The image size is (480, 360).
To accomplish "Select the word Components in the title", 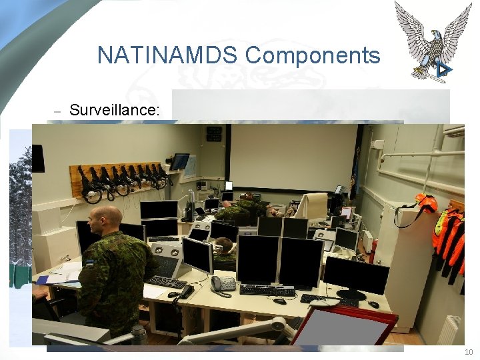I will (x=313, y=55).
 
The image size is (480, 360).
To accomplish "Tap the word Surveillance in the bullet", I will (x=114, y=109).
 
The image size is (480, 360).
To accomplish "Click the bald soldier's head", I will (x=105, y=219).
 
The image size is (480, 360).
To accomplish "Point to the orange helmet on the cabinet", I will (x=424, y=203).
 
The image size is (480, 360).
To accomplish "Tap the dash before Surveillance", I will (x=57, y=111).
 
